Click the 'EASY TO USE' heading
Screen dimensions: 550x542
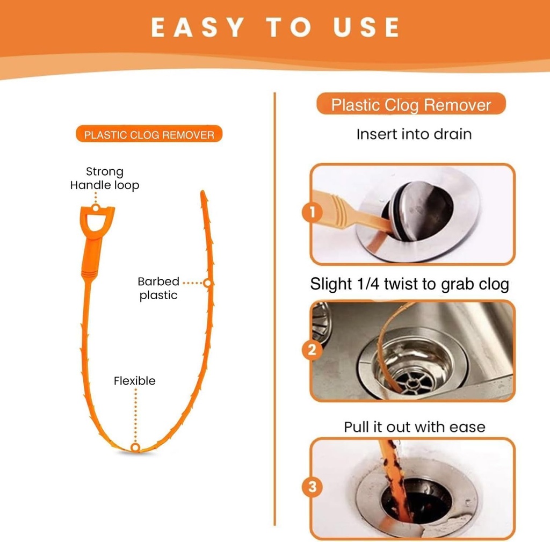pyautogui.click(x=276, y=27)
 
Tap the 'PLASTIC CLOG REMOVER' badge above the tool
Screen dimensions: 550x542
pyautogui.click(x=149, y=134)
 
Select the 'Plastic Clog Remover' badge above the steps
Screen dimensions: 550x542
pyautogui.click(x=411, y=104)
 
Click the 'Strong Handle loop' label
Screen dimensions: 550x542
pyautogui.click(x=105, y=178)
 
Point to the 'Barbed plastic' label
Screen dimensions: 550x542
pyautogui.click(x=158, y=288)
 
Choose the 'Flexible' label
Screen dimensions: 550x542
pyautogui.click(x=134, y=381)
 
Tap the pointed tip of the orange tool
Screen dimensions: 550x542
pyautogui.click(x=202, y=192)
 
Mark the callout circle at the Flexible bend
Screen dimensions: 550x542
pyautogui.click(x=135, y=447)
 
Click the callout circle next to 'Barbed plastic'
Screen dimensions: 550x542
pyautogui.click(x=208, y=283)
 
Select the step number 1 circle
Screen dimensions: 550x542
pyautogui.click(x=312, y=212)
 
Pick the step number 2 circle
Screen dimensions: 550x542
pyautogui.click(x=312, y=350)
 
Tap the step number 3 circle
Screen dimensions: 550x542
pyautogui.click(x=312, y=487)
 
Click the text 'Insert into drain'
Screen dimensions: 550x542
pyautogui.click(x=414, y=134)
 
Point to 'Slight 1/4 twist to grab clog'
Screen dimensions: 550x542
pyautogui.click(x=409, y=284)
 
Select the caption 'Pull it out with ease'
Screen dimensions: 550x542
pyautogui.click(x=414, y=427)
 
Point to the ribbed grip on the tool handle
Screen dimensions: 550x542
pyautogui.click(x=91, y=273)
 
